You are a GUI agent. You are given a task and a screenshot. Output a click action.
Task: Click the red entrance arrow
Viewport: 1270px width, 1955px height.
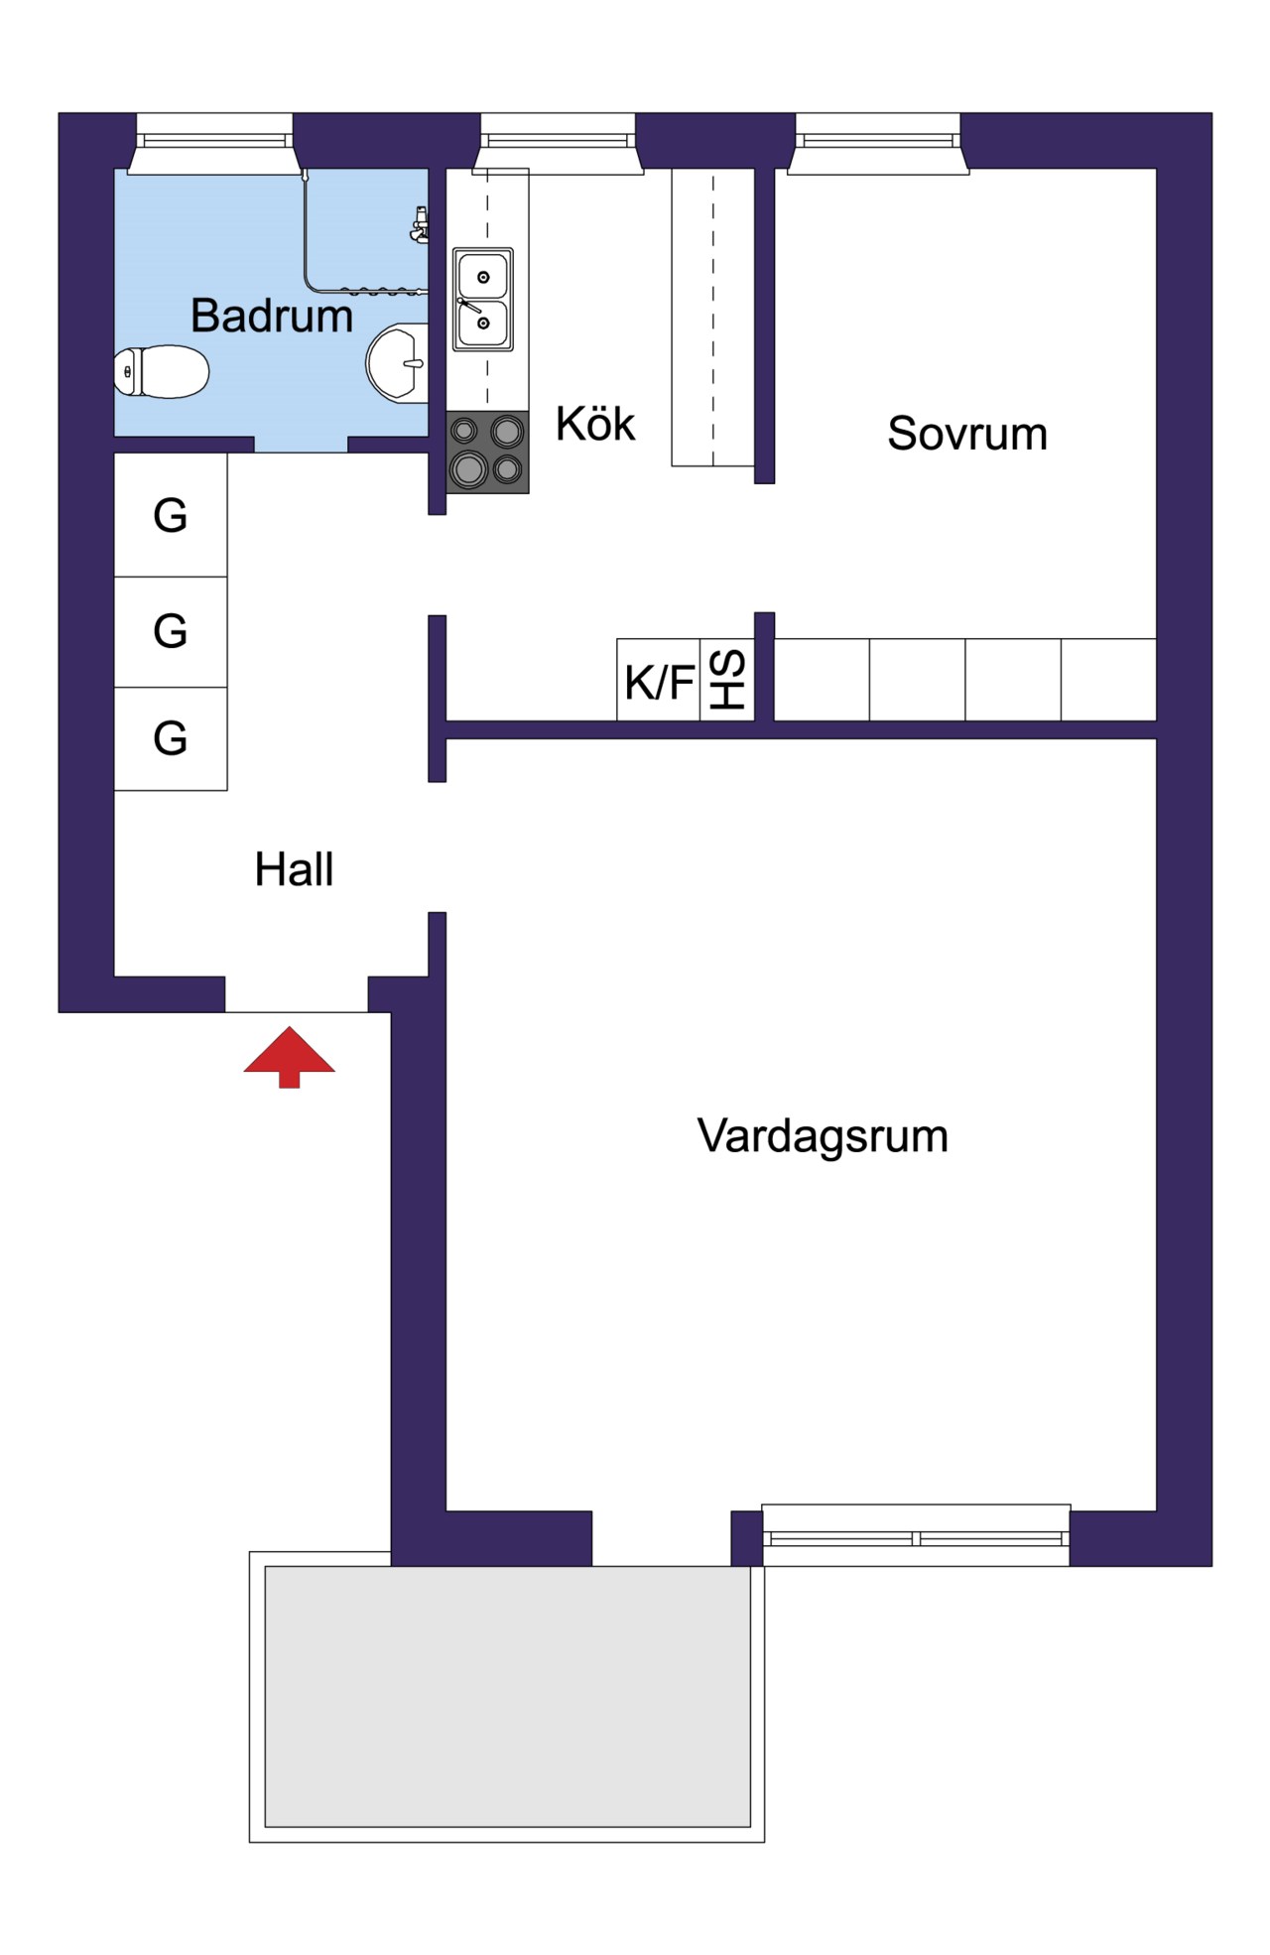click(289, 1056)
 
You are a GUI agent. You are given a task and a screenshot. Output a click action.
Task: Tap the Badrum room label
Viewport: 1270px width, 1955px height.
click(271, 316)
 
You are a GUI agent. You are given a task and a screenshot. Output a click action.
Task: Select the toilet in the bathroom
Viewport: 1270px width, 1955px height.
click(162, 371)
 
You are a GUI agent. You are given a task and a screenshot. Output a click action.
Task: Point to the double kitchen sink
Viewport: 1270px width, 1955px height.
click(483, 300)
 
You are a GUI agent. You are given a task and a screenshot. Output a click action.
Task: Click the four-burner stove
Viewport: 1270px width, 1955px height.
click(487, 452)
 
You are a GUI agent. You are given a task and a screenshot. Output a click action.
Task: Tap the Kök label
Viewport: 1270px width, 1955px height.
click(594, 424)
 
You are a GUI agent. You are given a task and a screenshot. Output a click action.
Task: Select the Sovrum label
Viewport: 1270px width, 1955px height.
click(966, 434)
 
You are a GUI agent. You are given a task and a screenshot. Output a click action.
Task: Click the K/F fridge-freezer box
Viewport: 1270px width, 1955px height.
click(658, 681)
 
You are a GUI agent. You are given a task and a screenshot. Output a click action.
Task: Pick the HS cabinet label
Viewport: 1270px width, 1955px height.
click(727, 681)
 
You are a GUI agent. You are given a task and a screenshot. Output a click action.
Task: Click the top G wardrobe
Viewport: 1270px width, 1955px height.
click(171, 515)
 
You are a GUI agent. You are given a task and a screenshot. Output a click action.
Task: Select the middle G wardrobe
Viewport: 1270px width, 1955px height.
click(171, 631)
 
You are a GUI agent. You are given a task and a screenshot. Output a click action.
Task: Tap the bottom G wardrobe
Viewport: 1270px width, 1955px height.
click(171, 738)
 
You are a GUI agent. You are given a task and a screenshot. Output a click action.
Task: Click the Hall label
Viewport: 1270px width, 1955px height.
click(294, 869)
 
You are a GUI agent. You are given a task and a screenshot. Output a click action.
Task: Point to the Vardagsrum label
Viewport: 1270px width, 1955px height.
click(823, 1135)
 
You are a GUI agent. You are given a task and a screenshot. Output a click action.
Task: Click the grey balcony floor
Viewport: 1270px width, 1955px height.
click(507, 1696)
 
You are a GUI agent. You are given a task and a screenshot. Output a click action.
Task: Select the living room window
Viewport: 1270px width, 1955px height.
click(916, 1537)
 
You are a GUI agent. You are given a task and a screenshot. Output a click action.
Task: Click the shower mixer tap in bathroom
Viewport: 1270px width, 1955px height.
click(421, 225)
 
